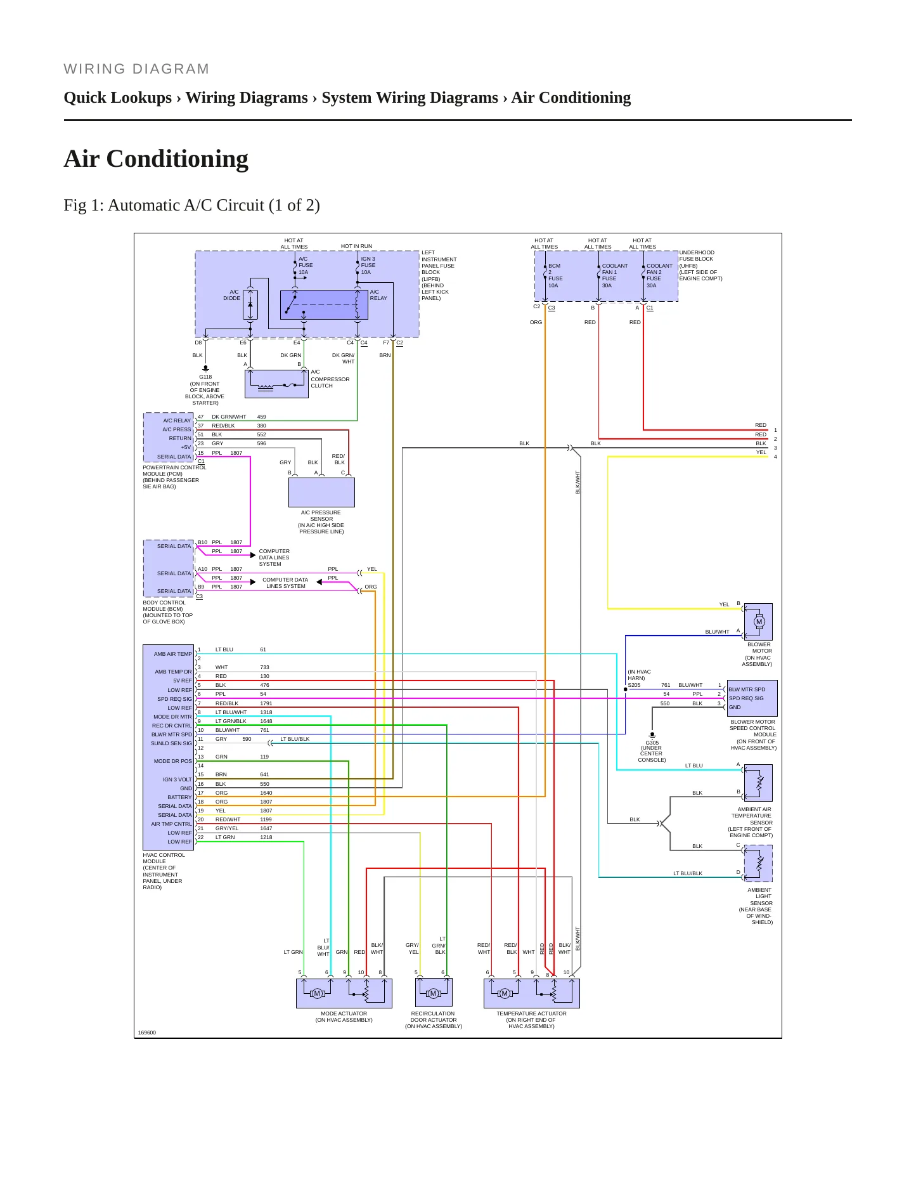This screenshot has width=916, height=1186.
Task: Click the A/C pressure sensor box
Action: coord(321,492)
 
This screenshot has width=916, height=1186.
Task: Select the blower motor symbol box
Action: coord(758,622)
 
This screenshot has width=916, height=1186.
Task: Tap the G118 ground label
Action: coord(205,377)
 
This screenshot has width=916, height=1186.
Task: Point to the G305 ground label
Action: coord(652,743)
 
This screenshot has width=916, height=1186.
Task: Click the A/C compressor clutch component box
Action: coord(276,384)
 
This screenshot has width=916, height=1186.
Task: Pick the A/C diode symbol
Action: coord(250,305)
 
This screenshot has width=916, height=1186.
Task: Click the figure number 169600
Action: coord(147,1033)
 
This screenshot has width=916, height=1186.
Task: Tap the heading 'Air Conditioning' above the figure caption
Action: coord(156,159)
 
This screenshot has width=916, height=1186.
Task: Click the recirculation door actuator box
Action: coord(434,993)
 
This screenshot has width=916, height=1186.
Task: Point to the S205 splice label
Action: coord(634,685)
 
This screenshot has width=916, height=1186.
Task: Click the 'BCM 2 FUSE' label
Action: coord(555,275)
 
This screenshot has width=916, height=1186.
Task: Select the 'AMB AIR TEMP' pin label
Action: coord(172,654)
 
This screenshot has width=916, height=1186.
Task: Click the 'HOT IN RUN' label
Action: coord(356,246)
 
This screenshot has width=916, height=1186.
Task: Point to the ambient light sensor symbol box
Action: coord(758,863)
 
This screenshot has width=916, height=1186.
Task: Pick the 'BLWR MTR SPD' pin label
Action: coord(171,734)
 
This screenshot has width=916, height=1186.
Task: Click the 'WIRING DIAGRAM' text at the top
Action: coord(136,69)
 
